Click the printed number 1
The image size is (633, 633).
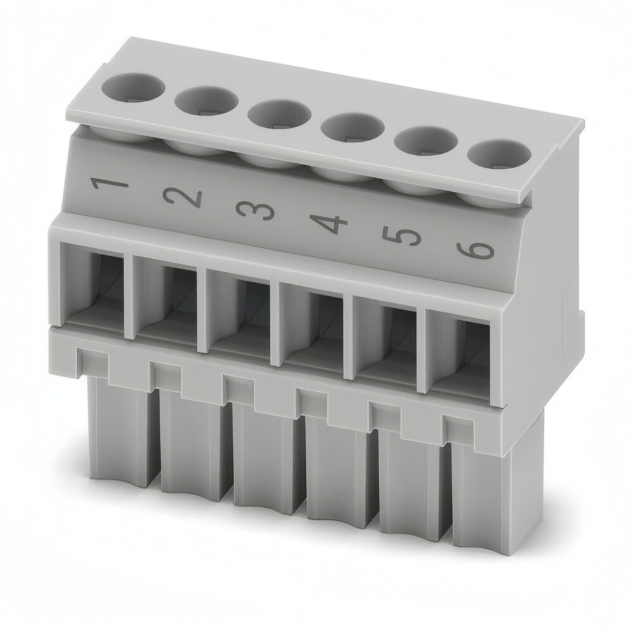[x=110, y=184]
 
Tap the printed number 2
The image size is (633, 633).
[x=182, y=199]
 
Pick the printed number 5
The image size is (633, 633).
[x=401, y=237]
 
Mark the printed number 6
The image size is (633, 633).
[x=475, y=250]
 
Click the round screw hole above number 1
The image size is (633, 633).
[x=133, y=86]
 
